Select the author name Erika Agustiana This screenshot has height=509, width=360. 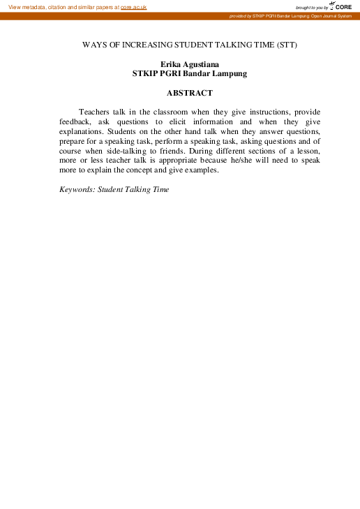point(190,64)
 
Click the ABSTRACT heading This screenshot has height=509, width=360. point(190,93)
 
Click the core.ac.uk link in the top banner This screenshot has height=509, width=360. point(134,6)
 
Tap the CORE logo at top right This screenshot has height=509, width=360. point(340,6)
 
